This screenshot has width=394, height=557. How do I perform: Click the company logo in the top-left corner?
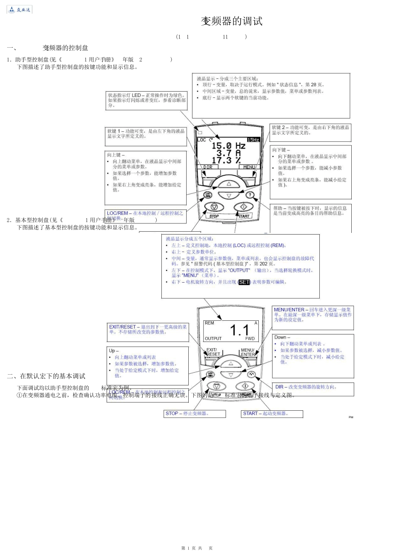coord(19,10)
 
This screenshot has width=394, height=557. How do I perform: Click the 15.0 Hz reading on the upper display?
coord(228,146)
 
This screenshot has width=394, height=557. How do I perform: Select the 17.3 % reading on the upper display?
coord(226,160)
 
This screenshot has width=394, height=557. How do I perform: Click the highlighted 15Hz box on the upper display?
coord(253,140)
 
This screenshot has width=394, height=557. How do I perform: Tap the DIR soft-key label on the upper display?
coord(208,167)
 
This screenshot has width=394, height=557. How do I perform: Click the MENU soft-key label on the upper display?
coord(249,167)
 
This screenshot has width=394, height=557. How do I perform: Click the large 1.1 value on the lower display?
coord(239,330)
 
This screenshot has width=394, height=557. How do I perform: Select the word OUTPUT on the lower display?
coord(213,339)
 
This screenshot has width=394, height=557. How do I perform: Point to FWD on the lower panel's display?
coord(250,339)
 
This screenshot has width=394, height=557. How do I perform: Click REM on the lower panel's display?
coord(209,323)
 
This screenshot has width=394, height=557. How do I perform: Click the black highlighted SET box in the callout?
coord(244,282)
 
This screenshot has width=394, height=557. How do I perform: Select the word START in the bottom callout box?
coord(250,414)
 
